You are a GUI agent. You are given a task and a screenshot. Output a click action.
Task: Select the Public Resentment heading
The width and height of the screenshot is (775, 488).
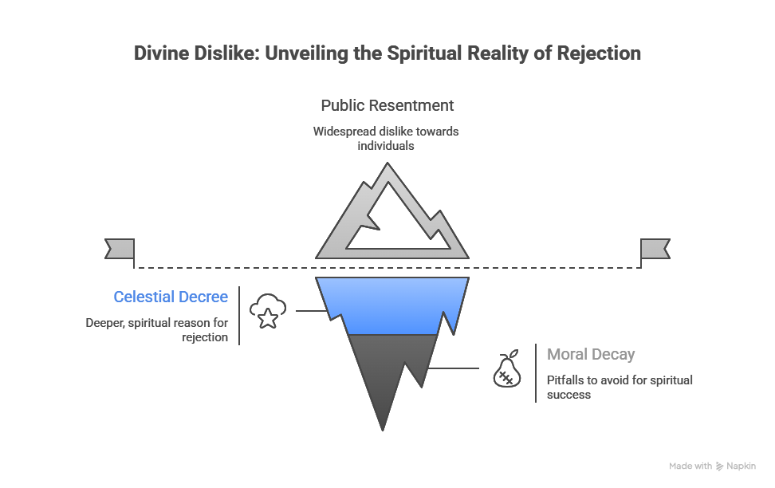(387, 105)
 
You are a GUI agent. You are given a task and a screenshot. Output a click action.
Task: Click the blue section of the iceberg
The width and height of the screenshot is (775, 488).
(392, 304)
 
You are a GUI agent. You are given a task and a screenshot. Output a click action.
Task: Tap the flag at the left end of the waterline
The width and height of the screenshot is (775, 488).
(120, 249)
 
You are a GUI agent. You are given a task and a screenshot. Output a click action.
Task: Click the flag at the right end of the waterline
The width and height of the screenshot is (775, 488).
(655, 249)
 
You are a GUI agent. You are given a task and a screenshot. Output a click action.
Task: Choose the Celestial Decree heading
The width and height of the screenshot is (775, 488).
(171, 297)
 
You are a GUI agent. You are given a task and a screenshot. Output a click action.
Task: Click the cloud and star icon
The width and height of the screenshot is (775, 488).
(268, 311)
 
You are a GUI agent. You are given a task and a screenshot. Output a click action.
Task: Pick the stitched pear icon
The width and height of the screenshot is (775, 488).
(507, 369)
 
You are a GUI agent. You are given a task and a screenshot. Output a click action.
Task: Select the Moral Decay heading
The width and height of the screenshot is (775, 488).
(591, 354)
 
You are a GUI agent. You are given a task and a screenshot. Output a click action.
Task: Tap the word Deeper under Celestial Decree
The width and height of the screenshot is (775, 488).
(104, 324)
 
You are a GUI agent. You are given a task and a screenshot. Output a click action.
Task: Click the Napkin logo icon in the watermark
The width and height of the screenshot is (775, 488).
(719, 466)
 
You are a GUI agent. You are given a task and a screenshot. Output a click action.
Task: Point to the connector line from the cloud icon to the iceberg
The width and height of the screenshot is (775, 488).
(313, 310)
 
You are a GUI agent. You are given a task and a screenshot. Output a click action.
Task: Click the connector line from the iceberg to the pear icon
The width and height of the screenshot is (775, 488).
(453, 368)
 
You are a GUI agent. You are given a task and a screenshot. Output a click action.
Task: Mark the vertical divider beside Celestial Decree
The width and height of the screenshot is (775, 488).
(239, 316)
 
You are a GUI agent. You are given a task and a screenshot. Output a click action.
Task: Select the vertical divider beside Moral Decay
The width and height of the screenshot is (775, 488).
(536, 373)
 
